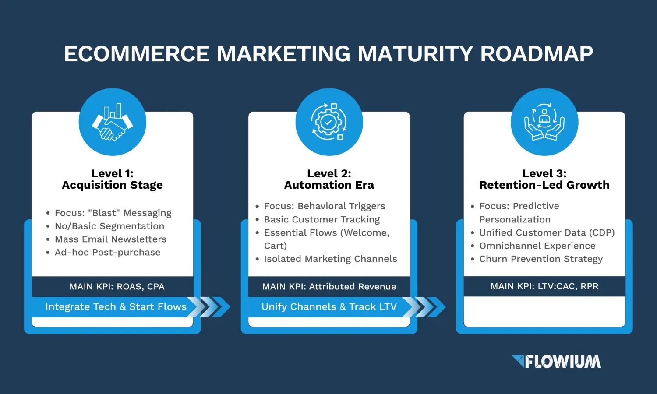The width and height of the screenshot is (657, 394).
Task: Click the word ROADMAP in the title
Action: (537, 54)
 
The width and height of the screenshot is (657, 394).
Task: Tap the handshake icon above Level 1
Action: (112, 122)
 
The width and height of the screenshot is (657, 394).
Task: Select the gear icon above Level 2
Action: (329, 122)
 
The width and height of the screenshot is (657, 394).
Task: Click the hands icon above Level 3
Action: (544, 122)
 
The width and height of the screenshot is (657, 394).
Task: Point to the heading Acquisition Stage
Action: (112, 185)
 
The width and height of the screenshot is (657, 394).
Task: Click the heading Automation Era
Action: (329, 185)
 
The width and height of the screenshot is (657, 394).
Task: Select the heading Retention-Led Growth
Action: (544, 185)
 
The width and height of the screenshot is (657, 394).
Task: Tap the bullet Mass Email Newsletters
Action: (110, 239)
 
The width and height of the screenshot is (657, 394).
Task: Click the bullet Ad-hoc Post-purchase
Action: (108, 253)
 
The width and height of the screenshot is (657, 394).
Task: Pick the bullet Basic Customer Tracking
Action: (322, 219)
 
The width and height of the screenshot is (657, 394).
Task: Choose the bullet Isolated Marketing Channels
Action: (331, 259)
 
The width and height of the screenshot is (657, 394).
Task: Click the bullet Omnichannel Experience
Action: (537, 246)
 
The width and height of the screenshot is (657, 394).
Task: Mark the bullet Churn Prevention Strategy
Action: (541, 259)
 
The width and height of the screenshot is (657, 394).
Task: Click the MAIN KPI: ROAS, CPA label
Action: (117, 286)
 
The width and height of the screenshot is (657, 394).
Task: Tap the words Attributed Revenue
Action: (353, 286)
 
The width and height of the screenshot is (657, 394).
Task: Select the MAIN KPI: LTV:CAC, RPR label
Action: (544, 286)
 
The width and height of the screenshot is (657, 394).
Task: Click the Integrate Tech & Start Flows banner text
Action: (116, 306)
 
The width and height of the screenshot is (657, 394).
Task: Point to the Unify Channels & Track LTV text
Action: (329, 306)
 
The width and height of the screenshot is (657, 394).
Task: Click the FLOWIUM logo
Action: (556, 361)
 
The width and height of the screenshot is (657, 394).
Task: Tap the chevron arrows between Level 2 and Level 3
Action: (424, 307)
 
